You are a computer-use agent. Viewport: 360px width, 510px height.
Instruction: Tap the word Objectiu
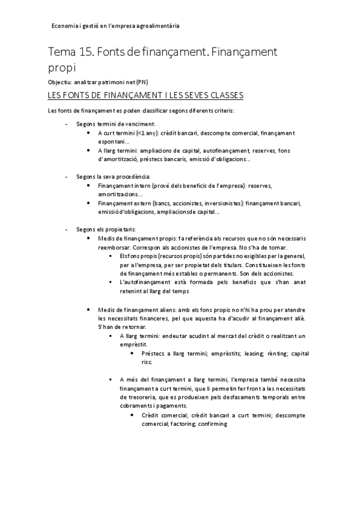click(59, 82)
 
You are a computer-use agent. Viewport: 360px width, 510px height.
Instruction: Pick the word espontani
click(111, 141)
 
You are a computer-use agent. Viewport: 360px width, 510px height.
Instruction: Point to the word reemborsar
click(114, 247)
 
